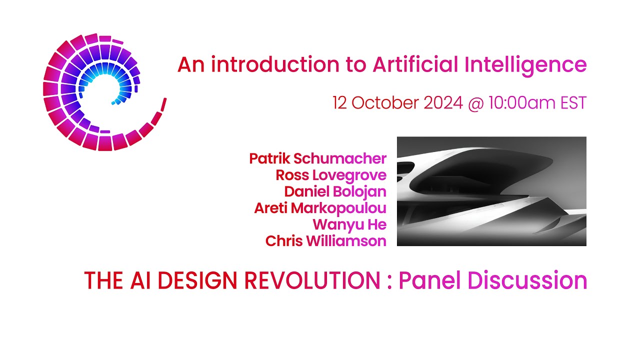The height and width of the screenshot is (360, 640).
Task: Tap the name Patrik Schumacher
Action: pos(317,159)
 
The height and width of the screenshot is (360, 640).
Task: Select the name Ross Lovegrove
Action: pos(331,175)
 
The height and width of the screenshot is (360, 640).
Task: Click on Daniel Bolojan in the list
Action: pos(335,191)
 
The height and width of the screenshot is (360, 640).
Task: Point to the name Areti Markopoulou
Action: pos(320,208)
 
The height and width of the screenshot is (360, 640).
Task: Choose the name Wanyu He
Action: pos(349,224)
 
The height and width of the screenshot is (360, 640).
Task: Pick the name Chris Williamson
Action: pos(325,241)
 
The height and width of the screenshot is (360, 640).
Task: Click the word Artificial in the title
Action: pos(415,64)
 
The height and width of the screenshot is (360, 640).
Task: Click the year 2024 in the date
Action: pos(443,103)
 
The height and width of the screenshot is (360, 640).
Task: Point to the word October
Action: pos(385,103)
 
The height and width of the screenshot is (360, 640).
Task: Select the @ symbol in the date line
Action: pos(473,103)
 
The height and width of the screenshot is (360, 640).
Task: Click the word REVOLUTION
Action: pos(312,281)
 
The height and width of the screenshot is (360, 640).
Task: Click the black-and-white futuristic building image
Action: pos(491,191)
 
